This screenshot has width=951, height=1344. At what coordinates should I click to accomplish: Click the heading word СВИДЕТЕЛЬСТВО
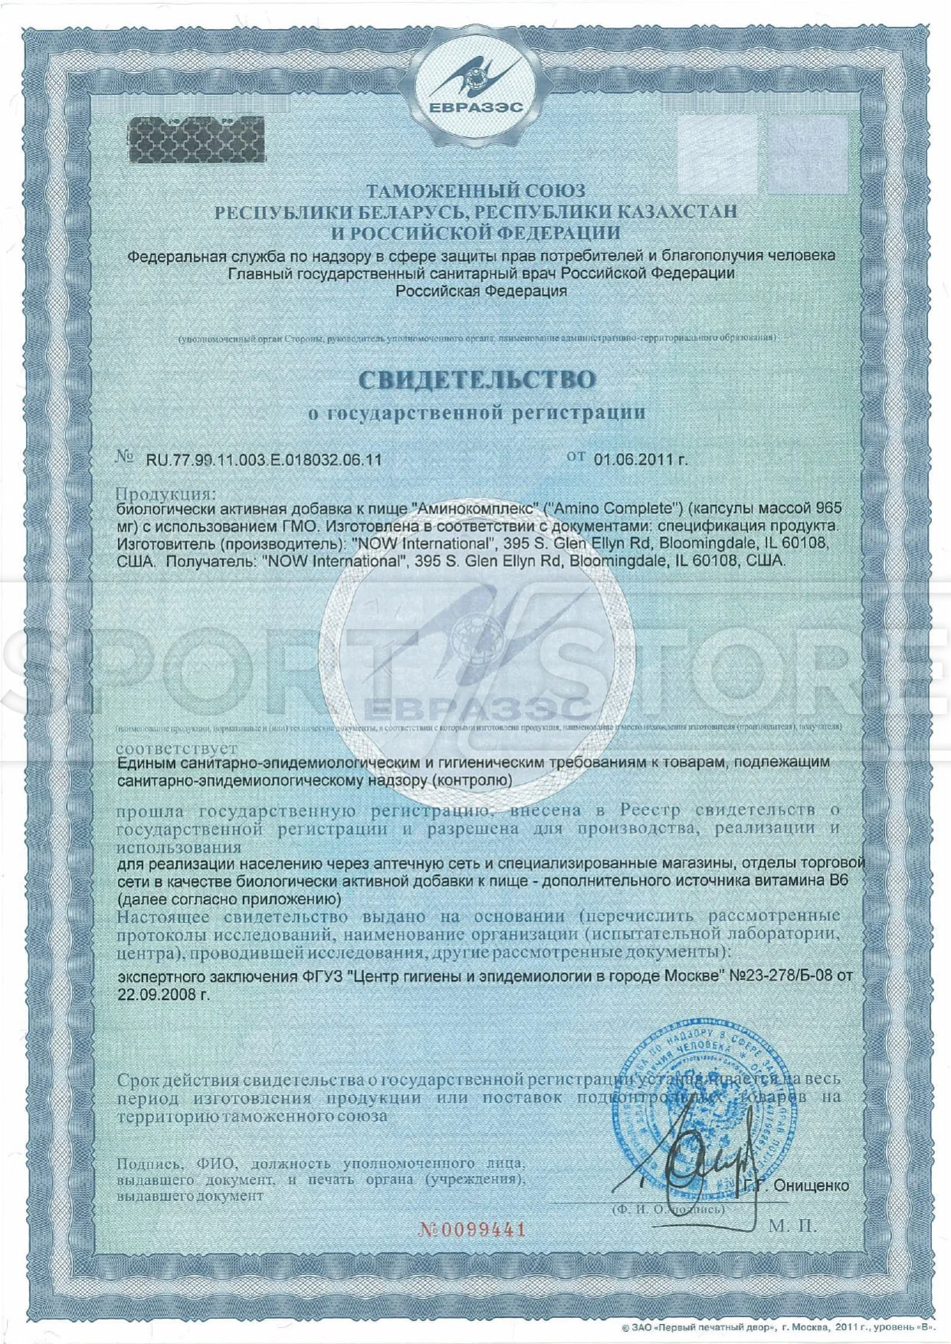(476, 379)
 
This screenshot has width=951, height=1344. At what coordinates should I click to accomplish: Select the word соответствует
(177, 748)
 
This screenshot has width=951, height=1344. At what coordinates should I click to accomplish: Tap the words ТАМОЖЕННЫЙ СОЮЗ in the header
(475, 191)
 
